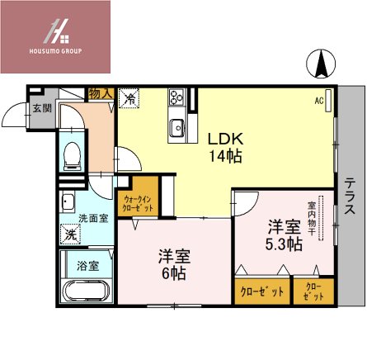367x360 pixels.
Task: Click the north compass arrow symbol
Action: click(322, 62)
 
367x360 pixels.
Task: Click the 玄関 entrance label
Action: click(42, 107)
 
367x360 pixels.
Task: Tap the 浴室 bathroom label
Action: click(87, 266)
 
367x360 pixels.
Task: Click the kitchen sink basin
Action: click(176, 128)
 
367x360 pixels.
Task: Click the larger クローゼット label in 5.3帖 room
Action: click(261, 291)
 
